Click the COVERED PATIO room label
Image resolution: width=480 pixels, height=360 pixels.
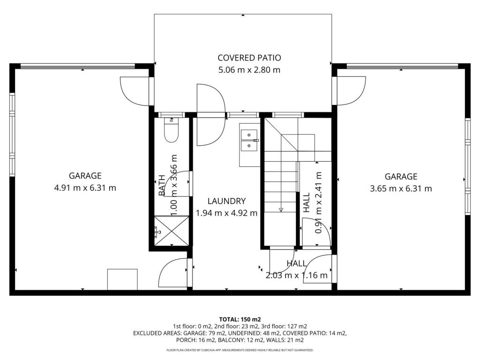coord(249,58)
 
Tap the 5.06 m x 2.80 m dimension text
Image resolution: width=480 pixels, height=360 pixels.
coord(249,70)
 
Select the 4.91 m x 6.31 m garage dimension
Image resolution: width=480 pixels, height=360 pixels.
coord(85,187)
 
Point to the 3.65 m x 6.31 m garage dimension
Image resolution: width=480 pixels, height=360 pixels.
coord(401,188)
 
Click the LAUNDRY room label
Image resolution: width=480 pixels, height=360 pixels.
coord(226,201)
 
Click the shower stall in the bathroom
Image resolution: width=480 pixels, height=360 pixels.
coord(172,231)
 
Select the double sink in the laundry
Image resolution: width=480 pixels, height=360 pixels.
coord(249,141)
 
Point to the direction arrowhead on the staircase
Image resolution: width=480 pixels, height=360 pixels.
coord(281,210)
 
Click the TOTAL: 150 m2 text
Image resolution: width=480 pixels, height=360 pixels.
coord(240,320)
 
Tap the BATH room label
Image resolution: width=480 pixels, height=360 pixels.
coord(162,185)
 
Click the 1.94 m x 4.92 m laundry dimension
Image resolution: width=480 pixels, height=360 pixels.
coord(226,213)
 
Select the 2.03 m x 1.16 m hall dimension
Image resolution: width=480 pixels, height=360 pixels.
coord(296,276)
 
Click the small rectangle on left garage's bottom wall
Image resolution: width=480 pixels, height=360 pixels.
coord(122,279)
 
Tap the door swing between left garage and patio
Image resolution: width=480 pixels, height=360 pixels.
coord(135,91)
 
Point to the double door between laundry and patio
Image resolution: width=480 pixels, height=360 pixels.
coord(211,115)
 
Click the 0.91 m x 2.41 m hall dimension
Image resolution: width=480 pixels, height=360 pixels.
coord(319,202)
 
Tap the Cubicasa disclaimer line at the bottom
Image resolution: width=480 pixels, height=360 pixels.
coord(240,350)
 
